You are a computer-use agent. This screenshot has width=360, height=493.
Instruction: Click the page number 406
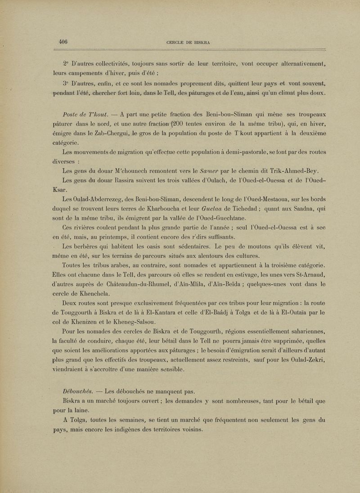[63, 42]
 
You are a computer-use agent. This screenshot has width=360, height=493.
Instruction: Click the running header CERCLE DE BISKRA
[189, 43]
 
